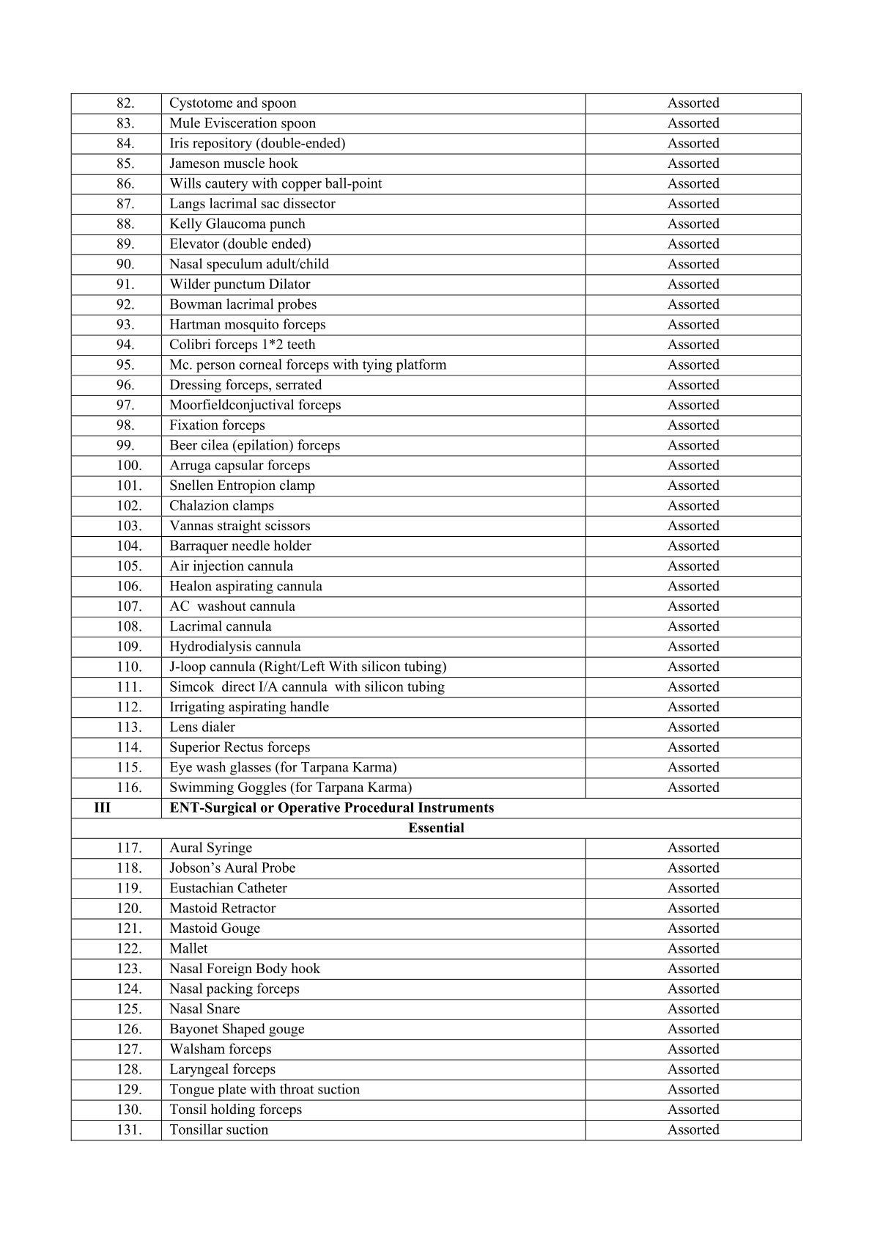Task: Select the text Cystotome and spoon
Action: pyautogui.click(x=233, y=103)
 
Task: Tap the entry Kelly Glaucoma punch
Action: pyautogui.click(x=237, y=224)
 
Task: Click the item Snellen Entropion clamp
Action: pyautogui.click(x=242, y=485)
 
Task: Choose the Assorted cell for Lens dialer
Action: pyautogui.click(x=692, y=727)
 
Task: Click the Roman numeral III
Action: pyautogui.click(x=103, y=807)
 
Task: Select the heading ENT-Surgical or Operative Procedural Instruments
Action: pyautogui.click(x=331, y=807)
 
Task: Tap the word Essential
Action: pyautogui.click(x=436, y=828)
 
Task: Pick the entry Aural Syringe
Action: pyautogui.click(x=210, y=848)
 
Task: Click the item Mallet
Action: pyautogui.click(x=188, y=948)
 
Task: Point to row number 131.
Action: pyautogui.click(x=129, y=1129)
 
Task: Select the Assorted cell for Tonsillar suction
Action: pyautogui.click(x=692, y=1129)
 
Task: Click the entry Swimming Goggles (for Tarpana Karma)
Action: pyautogui.click(x=290, y=788)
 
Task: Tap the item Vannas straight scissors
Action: pyautogui.click(x=240, y=526)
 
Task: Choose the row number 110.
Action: pyautogui.click(x=129, y=667)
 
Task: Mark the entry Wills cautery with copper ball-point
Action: pyautogui.click(x=276, y=183)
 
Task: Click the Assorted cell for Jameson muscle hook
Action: pyautogui.click(x=692, y=164)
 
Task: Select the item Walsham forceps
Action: pyautogui.click(x=220, y=1049)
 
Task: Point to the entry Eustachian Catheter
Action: pyautogui.click(x=228, y=888)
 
